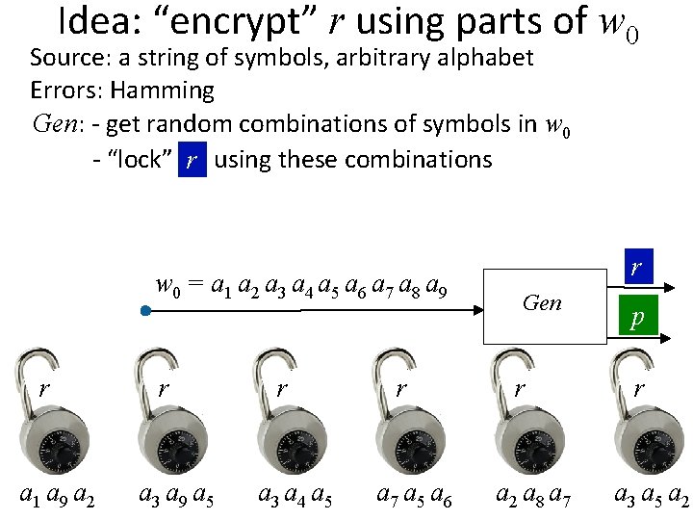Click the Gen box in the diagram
[x=541, y=303]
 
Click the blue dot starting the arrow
[x=143, y=311]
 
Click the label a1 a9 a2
[x=58, y=497]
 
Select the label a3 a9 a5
[x=175, y=497]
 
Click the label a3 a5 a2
[x=652, y=497]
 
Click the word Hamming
[x=162, y=91]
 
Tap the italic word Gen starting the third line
[x=52, y=124]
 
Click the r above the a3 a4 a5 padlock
[x=281, y=389]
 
